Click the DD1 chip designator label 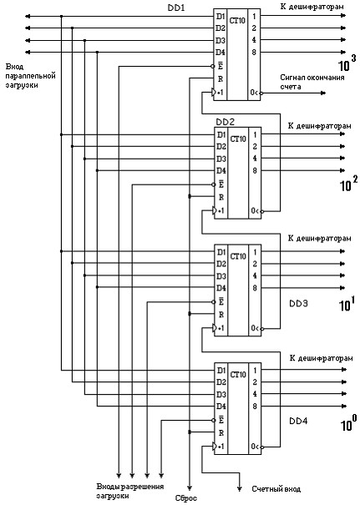click(x=176, y=8)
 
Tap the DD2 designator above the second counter click(x=225, y=123)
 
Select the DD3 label click(x=298, y=303)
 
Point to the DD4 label click(x=298, y=421)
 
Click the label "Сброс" click(x=186, y=498)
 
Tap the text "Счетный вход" click(x=276, y=489)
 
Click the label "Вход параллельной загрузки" click(x=31, y=76)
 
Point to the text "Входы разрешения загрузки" click(x=129, y=491)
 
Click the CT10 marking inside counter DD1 click(x=237, y=21)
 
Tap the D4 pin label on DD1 click(x=221, y=53)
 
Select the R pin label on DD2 click(x=221, y=197)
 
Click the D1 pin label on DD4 click(x=221, y=371)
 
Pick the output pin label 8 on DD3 click(x=255, y=288)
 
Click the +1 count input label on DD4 click(x=221, y=447)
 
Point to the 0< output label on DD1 click(x=255, y=93)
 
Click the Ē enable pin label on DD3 click(x=221, y=302)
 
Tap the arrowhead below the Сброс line click(x=190, y=488)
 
